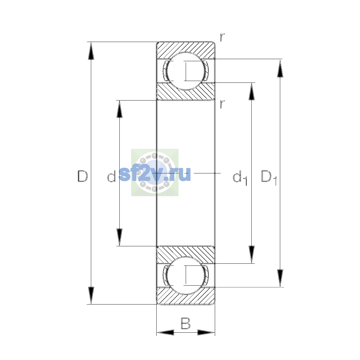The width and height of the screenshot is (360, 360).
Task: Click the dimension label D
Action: pyautogui.click(x=82, y=176)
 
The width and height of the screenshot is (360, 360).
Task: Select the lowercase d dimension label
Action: pyautogui.click(x=112, y=176)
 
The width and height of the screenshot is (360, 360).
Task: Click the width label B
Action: pyautogui.click(x=185, y=323)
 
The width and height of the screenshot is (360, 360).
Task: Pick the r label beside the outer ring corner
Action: pyautogui.click(x=222, y=37)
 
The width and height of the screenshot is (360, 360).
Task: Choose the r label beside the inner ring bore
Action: pyautogui.click(x=222, y=104)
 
